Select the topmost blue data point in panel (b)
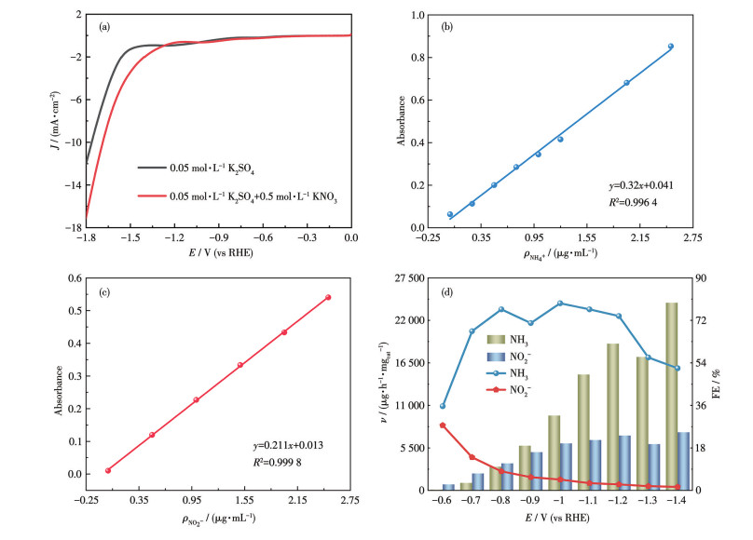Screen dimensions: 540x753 [x=670, y=47]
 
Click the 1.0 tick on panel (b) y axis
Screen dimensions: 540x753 [x=420, y=15]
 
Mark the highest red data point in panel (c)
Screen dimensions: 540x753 [x=328, y=297]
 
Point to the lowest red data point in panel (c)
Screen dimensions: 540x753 [x=108, y=470]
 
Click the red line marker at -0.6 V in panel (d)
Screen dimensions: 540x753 [x=443, y=425]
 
